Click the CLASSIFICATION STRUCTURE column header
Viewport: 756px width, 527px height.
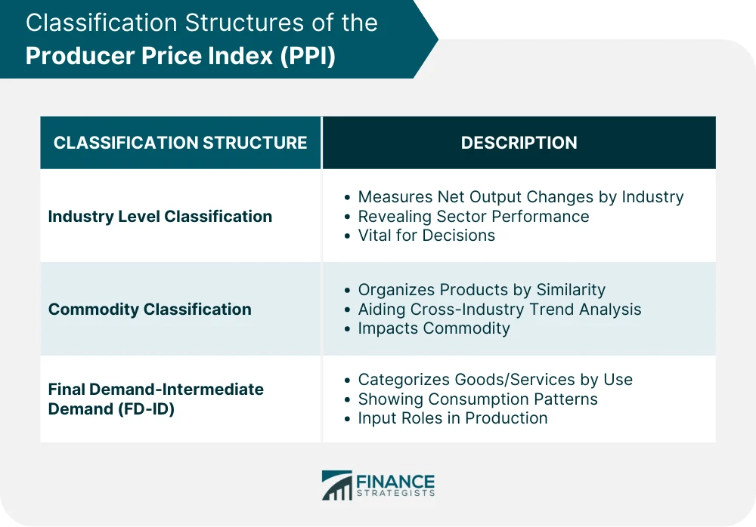[180, 143]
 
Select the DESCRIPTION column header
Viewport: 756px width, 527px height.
[519, 143]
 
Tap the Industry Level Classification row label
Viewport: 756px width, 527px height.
[160, 217]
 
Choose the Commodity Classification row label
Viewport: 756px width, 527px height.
[150, 310]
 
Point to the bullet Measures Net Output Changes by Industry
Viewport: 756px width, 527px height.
[520, 197]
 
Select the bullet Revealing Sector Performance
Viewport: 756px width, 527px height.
[473, 217]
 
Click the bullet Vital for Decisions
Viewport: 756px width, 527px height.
[426, 236]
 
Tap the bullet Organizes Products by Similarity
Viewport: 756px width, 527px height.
[482, 290]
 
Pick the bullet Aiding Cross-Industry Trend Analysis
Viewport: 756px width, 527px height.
[499, 310]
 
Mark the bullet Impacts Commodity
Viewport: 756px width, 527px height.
[434, 328]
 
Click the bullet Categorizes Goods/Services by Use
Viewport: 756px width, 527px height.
[495, 380]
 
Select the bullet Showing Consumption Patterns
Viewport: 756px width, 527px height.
[478, 399]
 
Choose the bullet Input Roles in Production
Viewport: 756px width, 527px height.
[452, 418]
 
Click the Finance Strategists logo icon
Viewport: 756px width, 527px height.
[336, 485]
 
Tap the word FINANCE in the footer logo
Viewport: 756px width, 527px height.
[396, 481]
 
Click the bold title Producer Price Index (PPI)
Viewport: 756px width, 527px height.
[180, 57]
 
